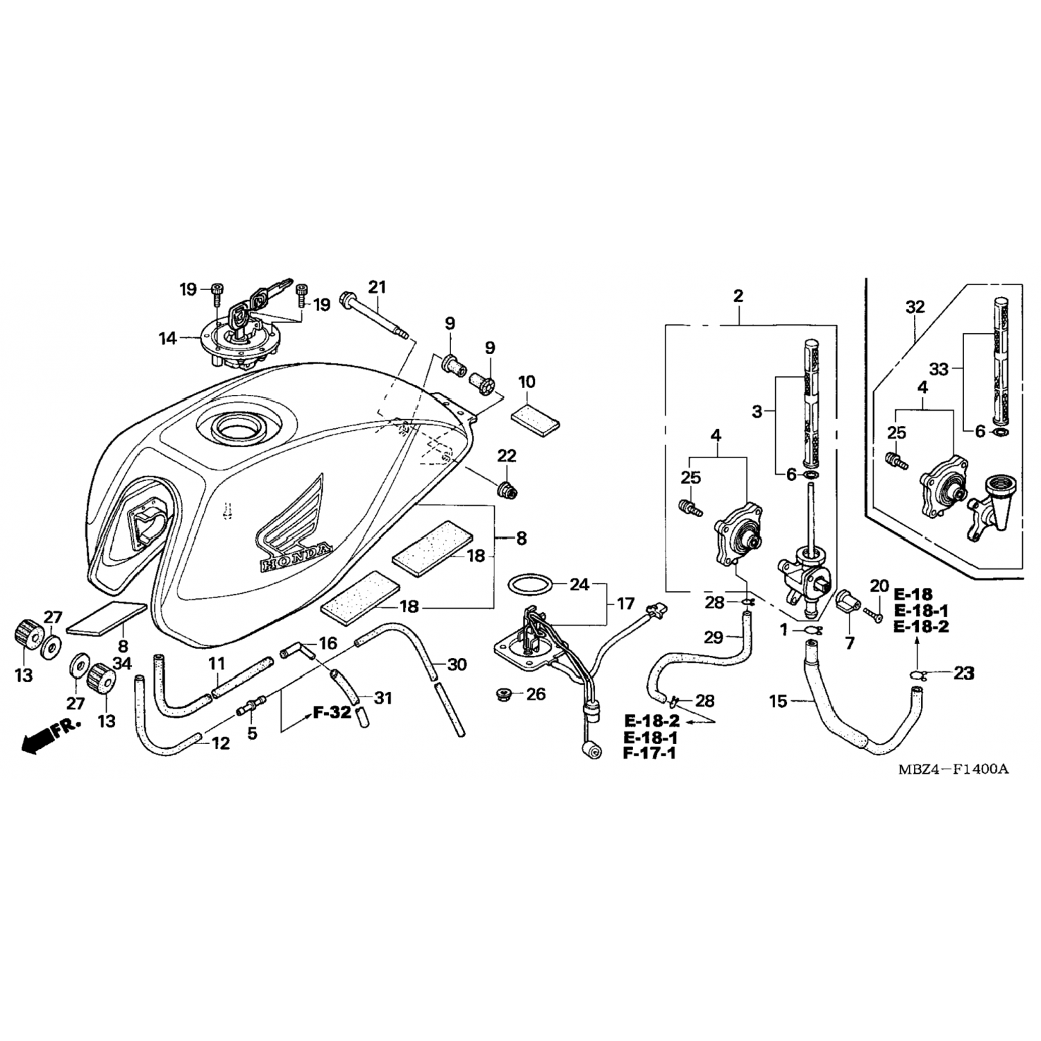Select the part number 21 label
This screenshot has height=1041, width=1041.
[x=377, y=287]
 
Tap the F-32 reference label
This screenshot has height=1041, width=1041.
[x=332, y=713]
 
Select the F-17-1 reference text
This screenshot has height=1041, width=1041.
[x=651, y=753]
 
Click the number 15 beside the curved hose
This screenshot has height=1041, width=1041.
[x=778, y=702]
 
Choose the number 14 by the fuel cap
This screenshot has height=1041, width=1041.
[x=168, y=339]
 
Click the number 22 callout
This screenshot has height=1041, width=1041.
[x=507, y=456]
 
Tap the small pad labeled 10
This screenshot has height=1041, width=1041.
[x=536, y=420]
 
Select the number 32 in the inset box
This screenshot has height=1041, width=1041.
[x=915, y=307]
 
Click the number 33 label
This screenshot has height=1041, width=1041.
[x=938, y=370]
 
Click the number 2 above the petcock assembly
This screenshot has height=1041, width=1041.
[x=738, y=296]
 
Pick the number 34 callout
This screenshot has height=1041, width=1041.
[x=122, y=664]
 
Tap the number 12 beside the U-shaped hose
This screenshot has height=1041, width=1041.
[x=220, y=743]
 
